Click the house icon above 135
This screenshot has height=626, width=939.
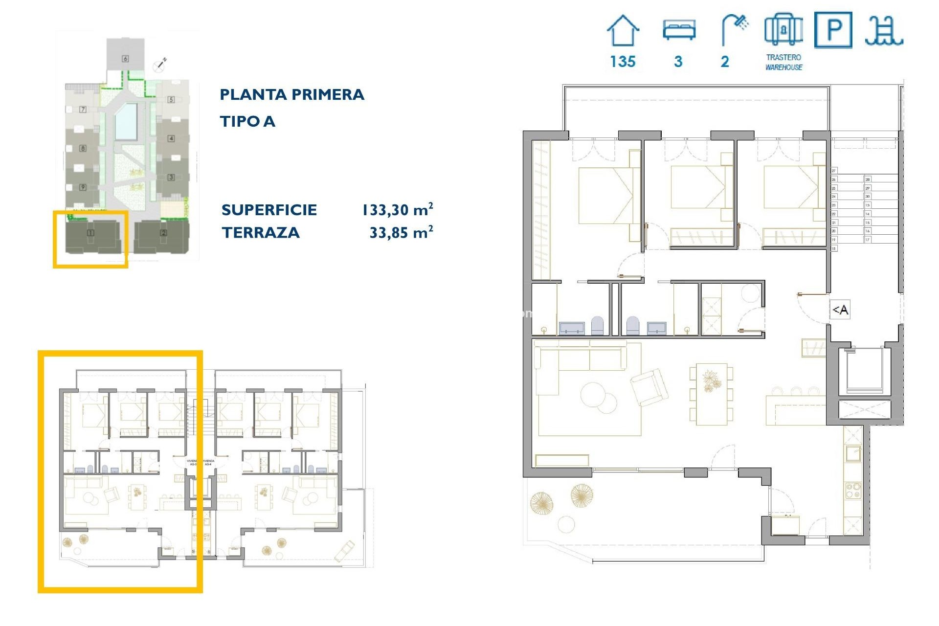tap(623, 30)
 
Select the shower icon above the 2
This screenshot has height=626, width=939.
tap(735, 29)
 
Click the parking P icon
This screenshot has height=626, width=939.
tap(833, 30)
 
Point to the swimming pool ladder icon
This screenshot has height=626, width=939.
tap(883, 30)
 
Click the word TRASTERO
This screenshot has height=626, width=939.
tap(783, 57)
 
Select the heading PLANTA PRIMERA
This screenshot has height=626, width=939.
tap(292, 94)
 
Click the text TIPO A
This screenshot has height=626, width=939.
tap(247, 121)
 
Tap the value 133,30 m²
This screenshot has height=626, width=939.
tap(397, 210)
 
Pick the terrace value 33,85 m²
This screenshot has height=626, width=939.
tap(401, 232)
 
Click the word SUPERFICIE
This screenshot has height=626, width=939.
tap(269, 210)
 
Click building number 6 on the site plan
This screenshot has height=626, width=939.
tap(125, 59)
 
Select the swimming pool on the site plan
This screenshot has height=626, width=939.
tap(126, 121)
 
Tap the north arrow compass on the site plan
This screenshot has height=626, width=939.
tap(160, 64)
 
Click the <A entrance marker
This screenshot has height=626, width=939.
tap(840, 310)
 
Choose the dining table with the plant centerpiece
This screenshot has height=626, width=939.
tap(711, 393)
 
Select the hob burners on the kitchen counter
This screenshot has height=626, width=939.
tap(853, 491)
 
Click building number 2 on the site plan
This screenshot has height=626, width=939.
tap(163, 233)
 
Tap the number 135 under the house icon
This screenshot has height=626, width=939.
tap(623, 62)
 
